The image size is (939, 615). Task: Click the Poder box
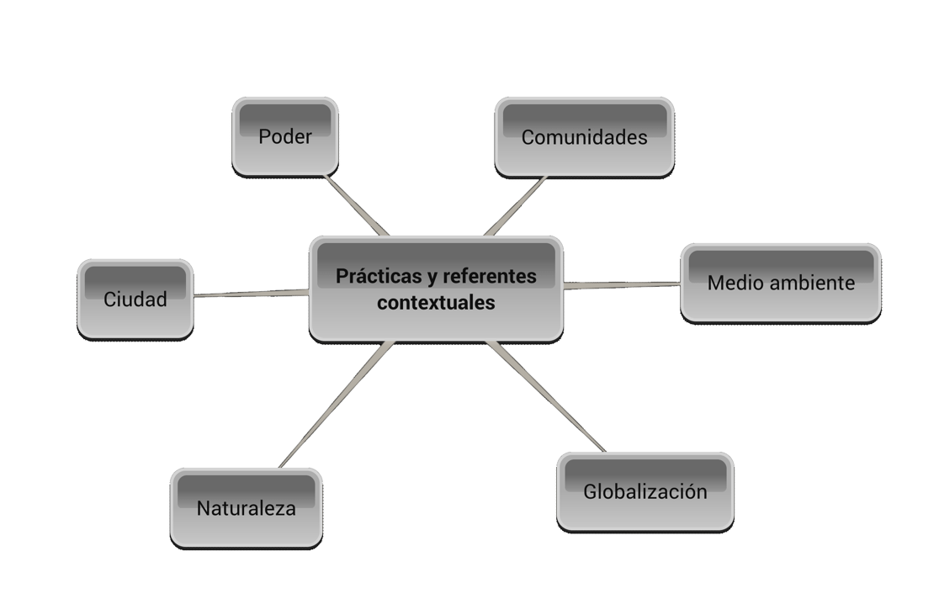[x=284, y=136]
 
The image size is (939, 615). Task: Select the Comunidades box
[x=584, y=137]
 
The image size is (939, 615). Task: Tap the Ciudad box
[x=135, y=299]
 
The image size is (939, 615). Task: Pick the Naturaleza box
[x=246, y=507]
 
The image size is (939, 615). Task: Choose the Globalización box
[x=645, y=491]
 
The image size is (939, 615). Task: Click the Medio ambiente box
[x=780, y=283]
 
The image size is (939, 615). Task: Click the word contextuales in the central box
[x=436, y=303]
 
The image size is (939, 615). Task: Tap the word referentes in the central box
[x=489, y=276]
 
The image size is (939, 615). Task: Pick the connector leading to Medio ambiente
[x=623, y=286]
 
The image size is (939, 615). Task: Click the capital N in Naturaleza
[x=203, y=508]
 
